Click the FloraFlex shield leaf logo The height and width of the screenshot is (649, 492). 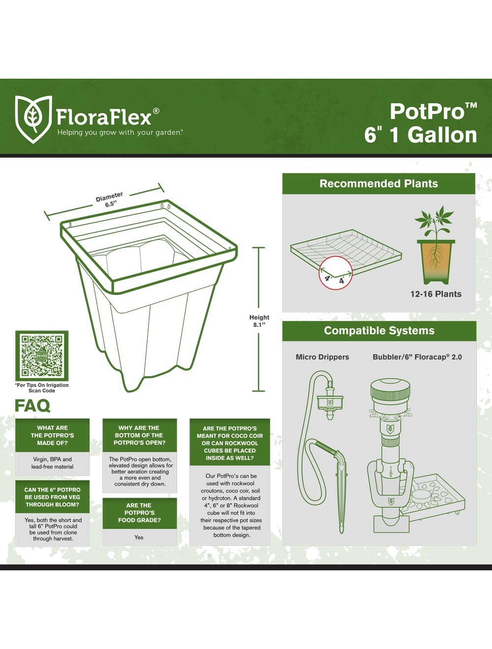(x=33, y=119)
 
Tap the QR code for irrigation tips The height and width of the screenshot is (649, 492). (x=42, y=355)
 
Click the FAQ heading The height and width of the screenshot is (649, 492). (x=32, y=406)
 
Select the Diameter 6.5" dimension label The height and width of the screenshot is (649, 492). (x=109, y=200)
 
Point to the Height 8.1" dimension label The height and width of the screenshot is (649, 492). (x=259, y=321)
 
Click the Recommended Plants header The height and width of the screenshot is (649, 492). (x=379, y=183)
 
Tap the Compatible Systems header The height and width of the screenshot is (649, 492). (x=379, y=330)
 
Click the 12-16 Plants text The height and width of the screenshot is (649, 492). (x=436, y=294)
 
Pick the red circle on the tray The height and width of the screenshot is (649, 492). (x=336, y=272)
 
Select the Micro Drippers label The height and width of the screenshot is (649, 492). (x=322, y=357)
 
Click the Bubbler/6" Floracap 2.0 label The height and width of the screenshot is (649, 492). (x=417, y=357)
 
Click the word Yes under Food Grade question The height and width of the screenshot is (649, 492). (x=139, y=537)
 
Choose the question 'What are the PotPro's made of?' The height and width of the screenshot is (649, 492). (x=52, y=435)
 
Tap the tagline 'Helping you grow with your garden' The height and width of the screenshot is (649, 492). (x=120, y=132)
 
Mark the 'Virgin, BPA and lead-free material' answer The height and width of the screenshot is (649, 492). (x=52, y=463)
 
